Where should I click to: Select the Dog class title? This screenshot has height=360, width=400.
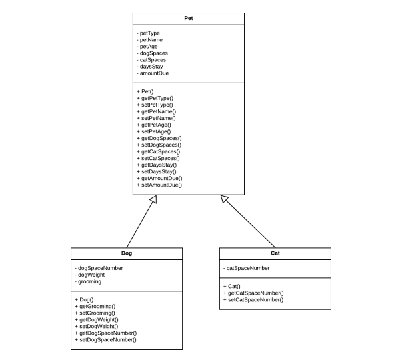(x=126, y=254)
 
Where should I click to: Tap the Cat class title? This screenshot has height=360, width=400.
(x=275, y=254)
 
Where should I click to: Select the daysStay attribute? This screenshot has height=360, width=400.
(x=152, y=66)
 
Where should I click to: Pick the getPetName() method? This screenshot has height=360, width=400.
(x=157, y=111)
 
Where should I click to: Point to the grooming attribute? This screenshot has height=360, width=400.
(x=89, y=282)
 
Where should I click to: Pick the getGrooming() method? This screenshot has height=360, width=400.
(x=96, y=307)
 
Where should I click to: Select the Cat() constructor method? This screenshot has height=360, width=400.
(x=234, y=286)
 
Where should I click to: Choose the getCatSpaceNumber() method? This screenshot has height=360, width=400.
(x=255, y=293)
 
